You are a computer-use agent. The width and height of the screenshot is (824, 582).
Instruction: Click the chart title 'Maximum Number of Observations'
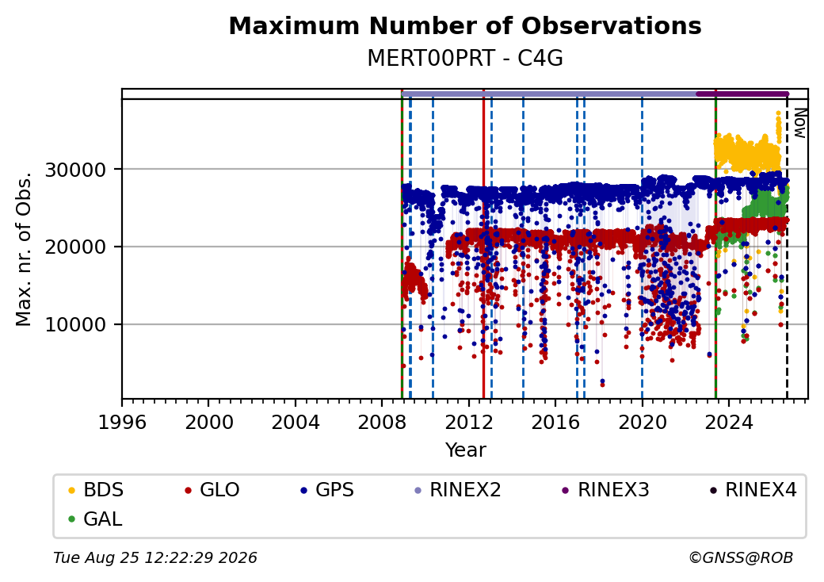pos(465,25)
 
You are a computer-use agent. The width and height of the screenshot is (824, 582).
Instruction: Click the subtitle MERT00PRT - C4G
pos(465,59)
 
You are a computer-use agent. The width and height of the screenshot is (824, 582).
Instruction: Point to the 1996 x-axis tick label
pos(122,422)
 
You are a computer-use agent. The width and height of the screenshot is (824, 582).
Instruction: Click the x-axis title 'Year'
pos(466,450)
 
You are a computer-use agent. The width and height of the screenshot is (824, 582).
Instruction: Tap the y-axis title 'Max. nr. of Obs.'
pos(24,249)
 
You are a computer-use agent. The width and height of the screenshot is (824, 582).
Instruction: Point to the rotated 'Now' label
pos(799,123)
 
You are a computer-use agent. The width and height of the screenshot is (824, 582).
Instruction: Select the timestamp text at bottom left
pos(155,557)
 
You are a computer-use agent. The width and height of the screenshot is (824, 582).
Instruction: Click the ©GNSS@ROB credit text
pos(741,557)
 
